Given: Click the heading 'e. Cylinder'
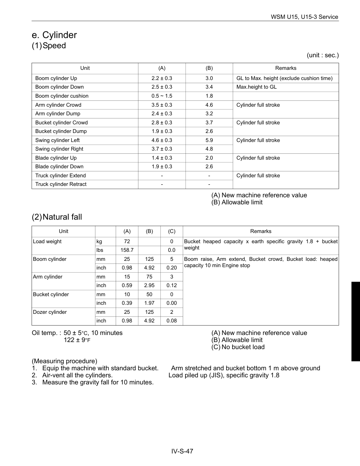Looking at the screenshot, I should pos(54,35).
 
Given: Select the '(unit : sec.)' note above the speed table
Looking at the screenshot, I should pos(323,55).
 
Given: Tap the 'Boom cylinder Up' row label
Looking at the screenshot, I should pos(56,78).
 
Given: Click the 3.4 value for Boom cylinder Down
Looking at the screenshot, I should pos(209,87).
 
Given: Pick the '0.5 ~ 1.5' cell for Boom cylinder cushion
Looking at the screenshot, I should pos(162,96).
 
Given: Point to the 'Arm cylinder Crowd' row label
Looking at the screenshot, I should pos(58,105).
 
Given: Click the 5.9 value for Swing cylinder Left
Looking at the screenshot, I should pos(209,140).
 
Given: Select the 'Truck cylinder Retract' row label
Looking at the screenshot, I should pos(61,184).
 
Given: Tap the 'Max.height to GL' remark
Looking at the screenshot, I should pos(256,87).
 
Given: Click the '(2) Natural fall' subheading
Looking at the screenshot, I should pos(57,217).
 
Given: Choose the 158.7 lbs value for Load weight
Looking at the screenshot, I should pos(127,250).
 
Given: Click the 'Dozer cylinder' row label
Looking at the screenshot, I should pos(50,312).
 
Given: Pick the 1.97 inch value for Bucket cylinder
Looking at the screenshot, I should pos(149,303).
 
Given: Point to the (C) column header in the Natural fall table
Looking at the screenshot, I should pos(172,231).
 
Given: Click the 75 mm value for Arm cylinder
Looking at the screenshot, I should pos(149,277).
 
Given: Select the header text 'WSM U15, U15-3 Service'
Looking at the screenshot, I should pos(304,17).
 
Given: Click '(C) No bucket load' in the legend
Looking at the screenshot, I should pos(238,347).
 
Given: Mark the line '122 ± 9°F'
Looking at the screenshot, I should pos(77,340).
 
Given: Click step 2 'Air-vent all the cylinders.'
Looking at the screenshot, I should pos(72,375).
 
